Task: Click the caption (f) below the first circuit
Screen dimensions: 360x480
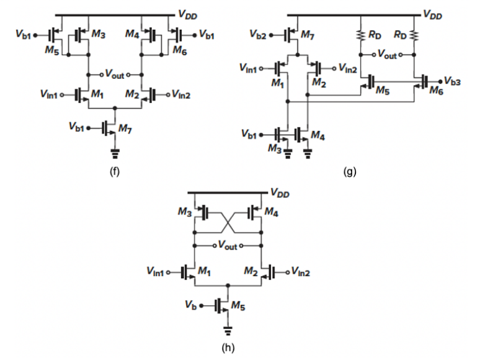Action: [x=113, y=172]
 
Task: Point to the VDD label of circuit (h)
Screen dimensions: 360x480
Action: [x=280, y=193]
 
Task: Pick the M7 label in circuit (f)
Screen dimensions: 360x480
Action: [x=125, y=128]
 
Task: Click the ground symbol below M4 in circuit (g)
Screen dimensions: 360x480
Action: [x=308, y=155]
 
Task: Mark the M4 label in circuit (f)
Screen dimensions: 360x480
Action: [x=132, y=35]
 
